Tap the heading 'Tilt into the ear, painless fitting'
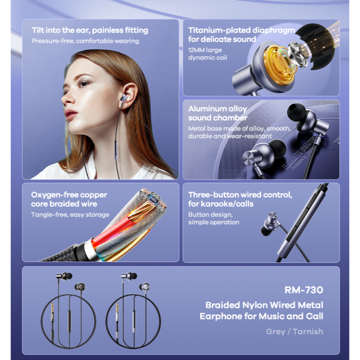(90, 30)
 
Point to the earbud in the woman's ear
(125, 98)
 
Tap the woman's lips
(71, 113)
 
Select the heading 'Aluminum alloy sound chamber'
(217, 113)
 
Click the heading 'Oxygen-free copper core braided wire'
(69, 199)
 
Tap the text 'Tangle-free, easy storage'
(70, 215)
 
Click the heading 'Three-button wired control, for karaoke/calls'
(240, 199)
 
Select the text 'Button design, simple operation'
(214, 218)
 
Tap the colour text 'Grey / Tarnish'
(294, 331)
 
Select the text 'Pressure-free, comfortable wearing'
(85, 41)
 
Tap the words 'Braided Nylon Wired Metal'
(264, 305)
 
